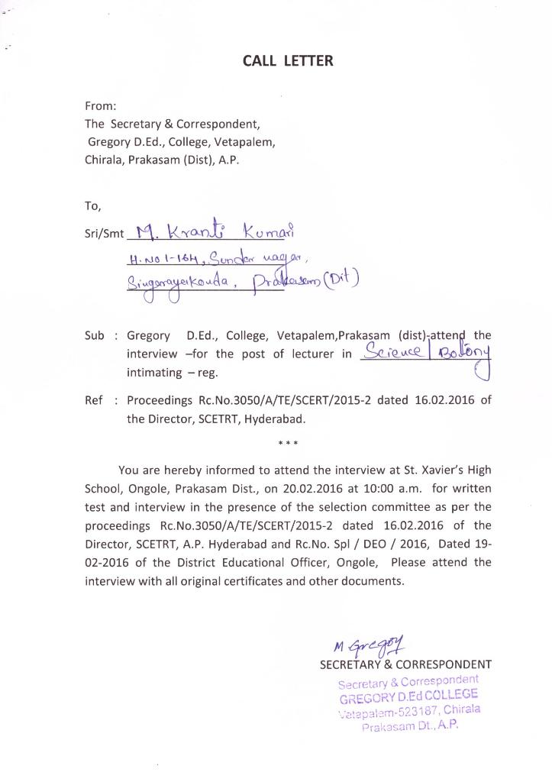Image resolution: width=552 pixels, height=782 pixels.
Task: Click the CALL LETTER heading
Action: point(288,61)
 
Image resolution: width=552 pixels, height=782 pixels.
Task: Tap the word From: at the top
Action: point(101,106)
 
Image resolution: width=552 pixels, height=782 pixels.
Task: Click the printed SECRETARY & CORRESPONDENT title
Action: point(405,664)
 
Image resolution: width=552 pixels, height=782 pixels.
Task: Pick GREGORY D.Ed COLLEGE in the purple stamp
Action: point(408,696)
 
